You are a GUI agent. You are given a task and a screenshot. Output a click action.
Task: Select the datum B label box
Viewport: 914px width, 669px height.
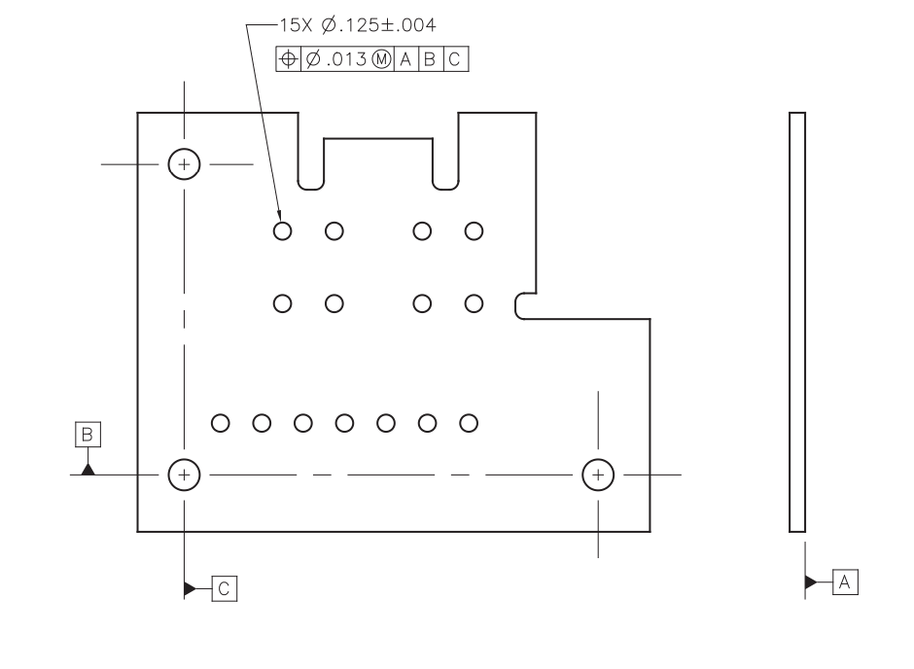point(88,434)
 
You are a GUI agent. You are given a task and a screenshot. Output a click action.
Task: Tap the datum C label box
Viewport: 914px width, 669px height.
point(224,588)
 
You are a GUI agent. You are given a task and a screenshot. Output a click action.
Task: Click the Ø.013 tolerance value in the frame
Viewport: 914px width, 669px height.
point(335,59)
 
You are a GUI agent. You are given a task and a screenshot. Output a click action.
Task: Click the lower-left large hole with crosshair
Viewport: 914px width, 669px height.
point(184,475)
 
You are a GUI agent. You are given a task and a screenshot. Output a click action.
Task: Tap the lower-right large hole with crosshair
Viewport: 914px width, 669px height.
point(598,475)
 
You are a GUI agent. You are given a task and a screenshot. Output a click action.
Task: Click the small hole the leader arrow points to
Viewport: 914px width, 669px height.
point(282,230)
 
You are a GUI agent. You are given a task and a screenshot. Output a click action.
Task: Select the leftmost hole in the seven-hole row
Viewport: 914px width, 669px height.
point(220,423)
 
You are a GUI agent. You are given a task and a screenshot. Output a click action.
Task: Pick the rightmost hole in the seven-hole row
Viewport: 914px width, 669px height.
point(469,423)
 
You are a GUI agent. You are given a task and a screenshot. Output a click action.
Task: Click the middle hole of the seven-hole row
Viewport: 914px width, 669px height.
point(344,423)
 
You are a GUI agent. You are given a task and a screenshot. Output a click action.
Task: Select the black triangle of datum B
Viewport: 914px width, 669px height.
point(88,468)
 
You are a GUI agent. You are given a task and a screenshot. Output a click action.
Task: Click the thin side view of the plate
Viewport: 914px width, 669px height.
point(796,321)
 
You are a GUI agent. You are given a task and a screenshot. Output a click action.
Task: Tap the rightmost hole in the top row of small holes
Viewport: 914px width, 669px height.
point(474,230)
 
